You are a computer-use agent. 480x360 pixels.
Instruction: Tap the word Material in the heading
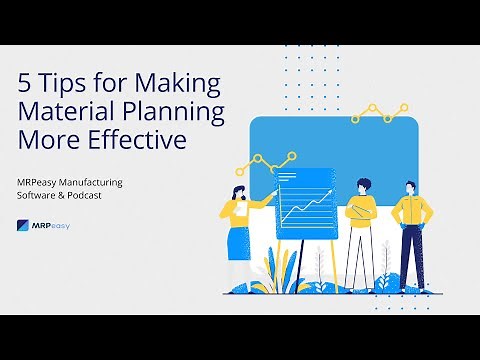(x=65, y=112)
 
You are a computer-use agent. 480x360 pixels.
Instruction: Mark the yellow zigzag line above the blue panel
(x=380, y=112)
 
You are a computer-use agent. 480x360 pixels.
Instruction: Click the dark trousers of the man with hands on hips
(x=410, y=258)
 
